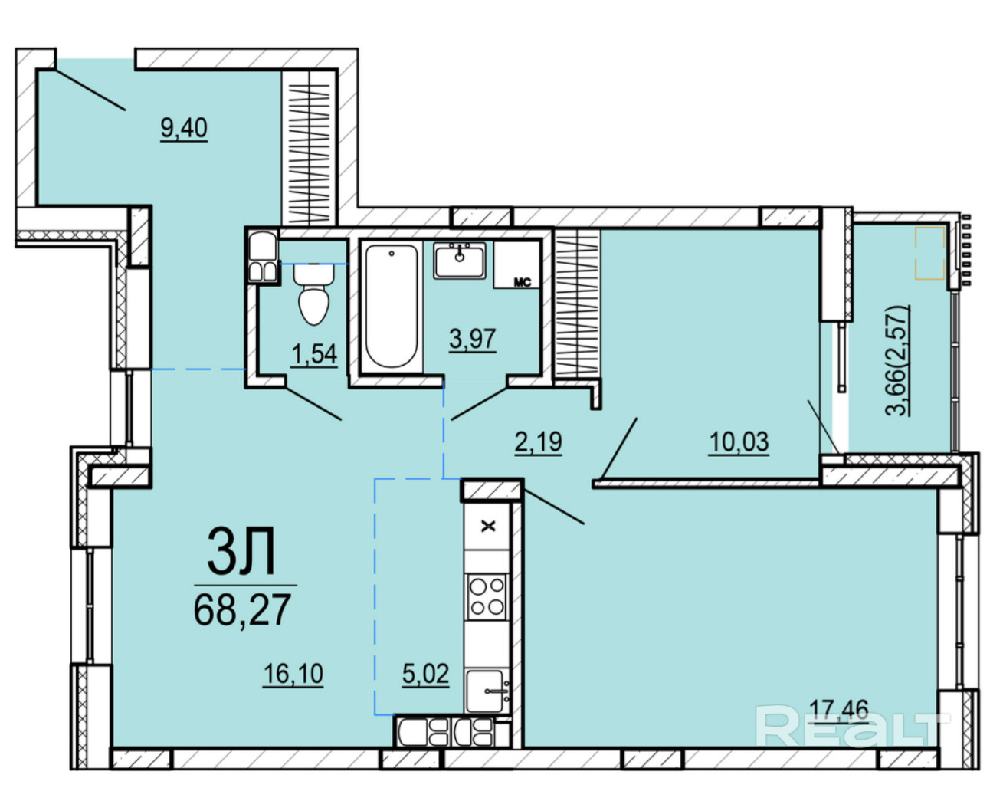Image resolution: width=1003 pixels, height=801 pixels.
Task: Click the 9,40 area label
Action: [184, 128]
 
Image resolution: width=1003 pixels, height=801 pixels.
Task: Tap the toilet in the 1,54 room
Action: [313, 294]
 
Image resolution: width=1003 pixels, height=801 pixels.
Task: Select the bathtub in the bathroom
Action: [391, 306]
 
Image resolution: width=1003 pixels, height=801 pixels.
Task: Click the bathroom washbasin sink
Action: [459, 261]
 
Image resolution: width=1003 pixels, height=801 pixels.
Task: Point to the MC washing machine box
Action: [517, 264]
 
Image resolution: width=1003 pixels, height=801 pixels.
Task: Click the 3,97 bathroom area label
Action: [472, 339]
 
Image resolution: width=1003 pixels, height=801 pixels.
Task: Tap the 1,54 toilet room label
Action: [313, 354]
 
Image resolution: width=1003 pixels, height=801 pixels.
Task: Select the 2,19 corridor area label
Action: [539, 442]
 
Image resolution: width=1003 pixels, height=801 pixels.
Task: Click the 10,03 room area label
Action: [739, 442]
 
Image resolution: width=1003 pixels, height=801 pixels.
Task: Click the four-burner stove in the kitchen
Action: [487, 597]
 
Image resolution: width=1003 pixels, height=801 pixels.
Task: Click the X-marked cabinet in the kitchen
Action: [488, 527]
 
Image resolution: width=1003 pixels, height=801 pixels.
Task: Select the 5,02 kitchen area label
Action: [425, 673]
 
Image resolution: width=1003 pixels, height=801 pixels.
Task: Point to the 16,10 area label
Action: [293, 673]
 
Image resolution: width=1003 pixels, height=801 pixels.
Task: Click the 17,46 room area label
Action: [839, 710]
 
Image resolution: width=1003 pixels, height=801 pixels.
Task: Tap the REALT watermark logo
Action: [853, 727]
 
